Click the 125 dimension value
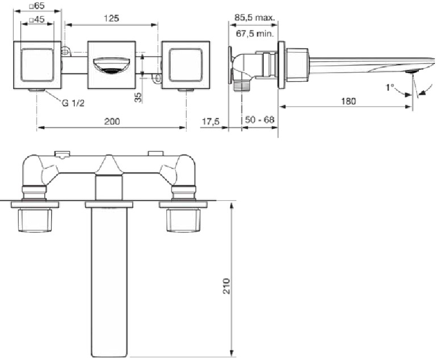coord(111,18)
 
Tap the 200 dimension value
coord(112,121)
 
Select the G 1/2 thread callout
coord(73,103)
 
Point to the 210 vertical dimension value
coord(226,286)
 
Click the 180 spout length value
coord(348,101)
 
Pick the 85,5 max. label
coord(254,18)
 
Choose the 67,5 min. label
coord(255,33)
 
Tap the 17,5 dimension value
coord(211,121)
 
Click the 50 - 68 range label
coord(259,120)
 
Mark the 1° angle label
coord(389,87)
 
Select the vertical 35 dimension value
coord(138,97)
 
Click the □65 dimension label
coord(37,6)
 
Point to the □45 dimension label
coord(37,19)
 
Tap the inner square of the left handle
coord(37,65)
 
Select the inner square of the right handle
coord(186,65)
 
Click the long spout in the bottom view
coord(109,282)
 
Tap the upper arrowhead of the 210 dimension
coord(231,206)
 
